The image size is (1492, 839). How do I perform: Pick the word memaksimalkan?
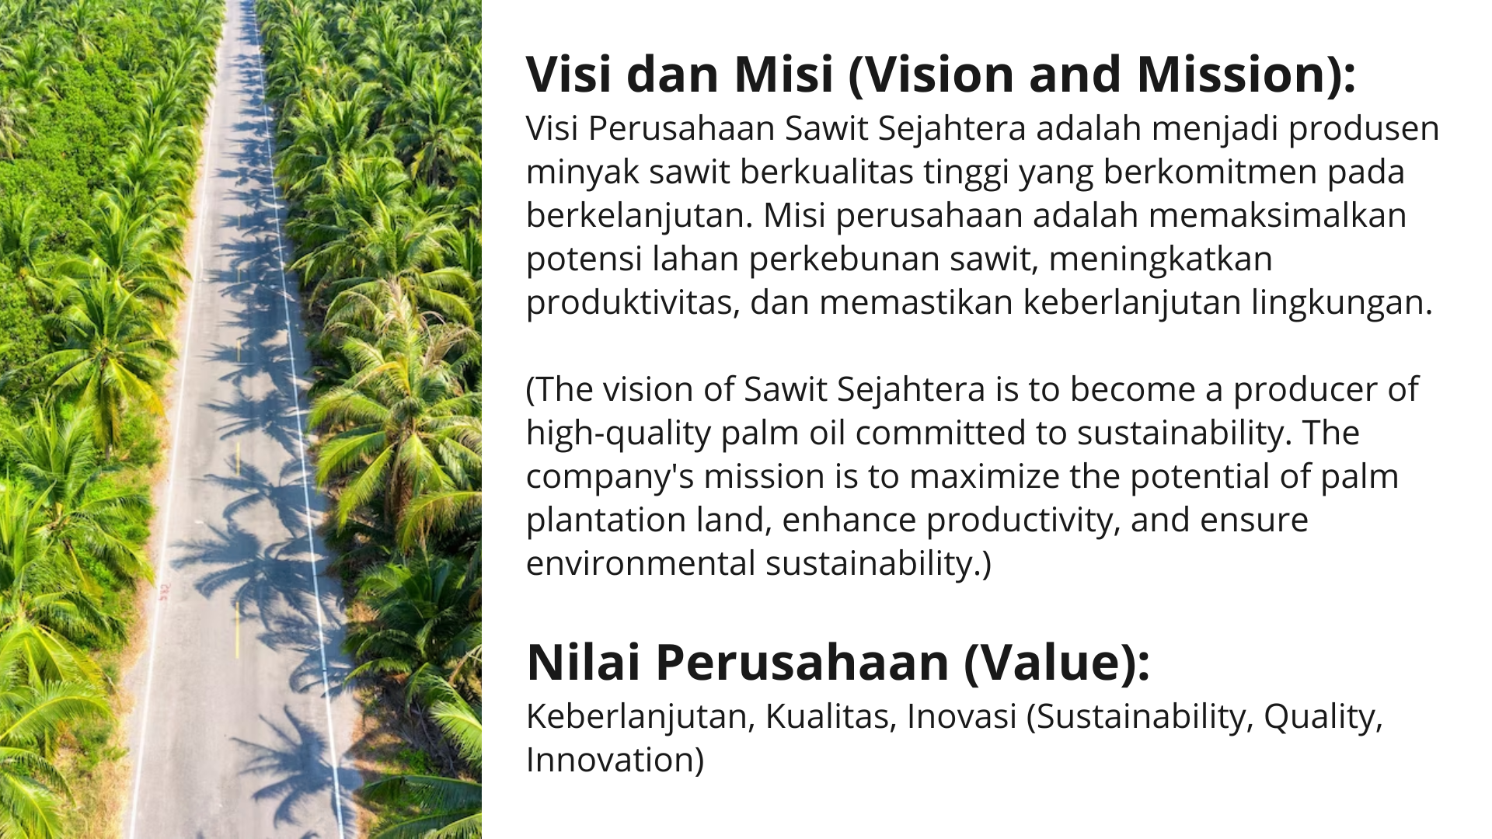[1278, 215]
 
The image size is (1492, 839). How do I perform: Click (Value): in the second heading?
[1056, 663]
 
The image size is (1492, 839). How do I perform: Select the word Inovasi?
[962, 716]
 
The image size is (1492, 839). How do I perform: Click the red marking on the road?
[164, 592]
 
